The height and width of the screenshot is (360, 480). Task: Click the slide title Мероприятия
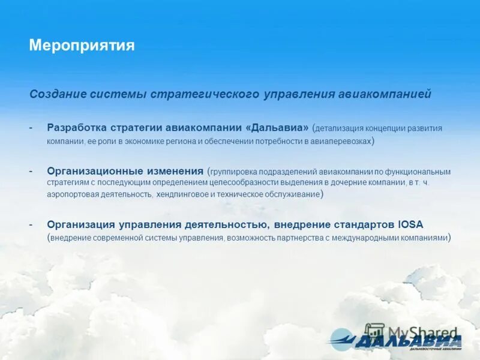82,46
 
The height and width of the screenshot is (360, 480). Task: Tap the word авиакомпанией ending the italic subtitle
392,94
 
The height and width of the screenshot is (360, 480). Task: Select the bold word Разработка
77,128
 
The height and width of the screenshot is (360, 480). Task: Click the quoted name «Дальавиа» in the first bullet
277,128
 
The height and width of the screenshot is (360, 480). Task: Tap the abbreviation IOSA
410,224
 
